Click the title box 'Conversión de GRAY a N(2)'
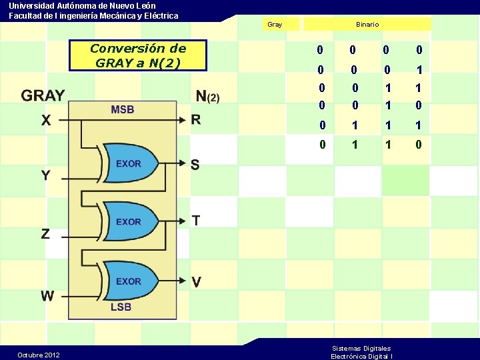[138, 55]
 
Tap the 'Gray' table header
[274, 25]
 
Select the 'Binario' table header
[367, 25]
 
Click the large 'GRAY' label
[43, 95]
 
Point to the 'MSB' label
[122, 109]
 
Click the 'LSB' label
[121, 307]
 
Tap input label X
[45, 121]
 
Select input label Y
[45, 175]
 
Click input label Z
[45, 233]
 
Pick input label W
[47, 295]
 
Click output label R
[196, 120]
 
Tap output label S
[195, 164]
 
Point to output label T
[195, 221]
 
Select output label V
[196, 282]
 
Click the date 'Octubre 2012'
[39, 355]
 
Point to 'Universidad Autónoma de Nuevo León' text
[82, 5]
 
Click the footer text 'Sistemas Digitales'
[361, 348]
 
